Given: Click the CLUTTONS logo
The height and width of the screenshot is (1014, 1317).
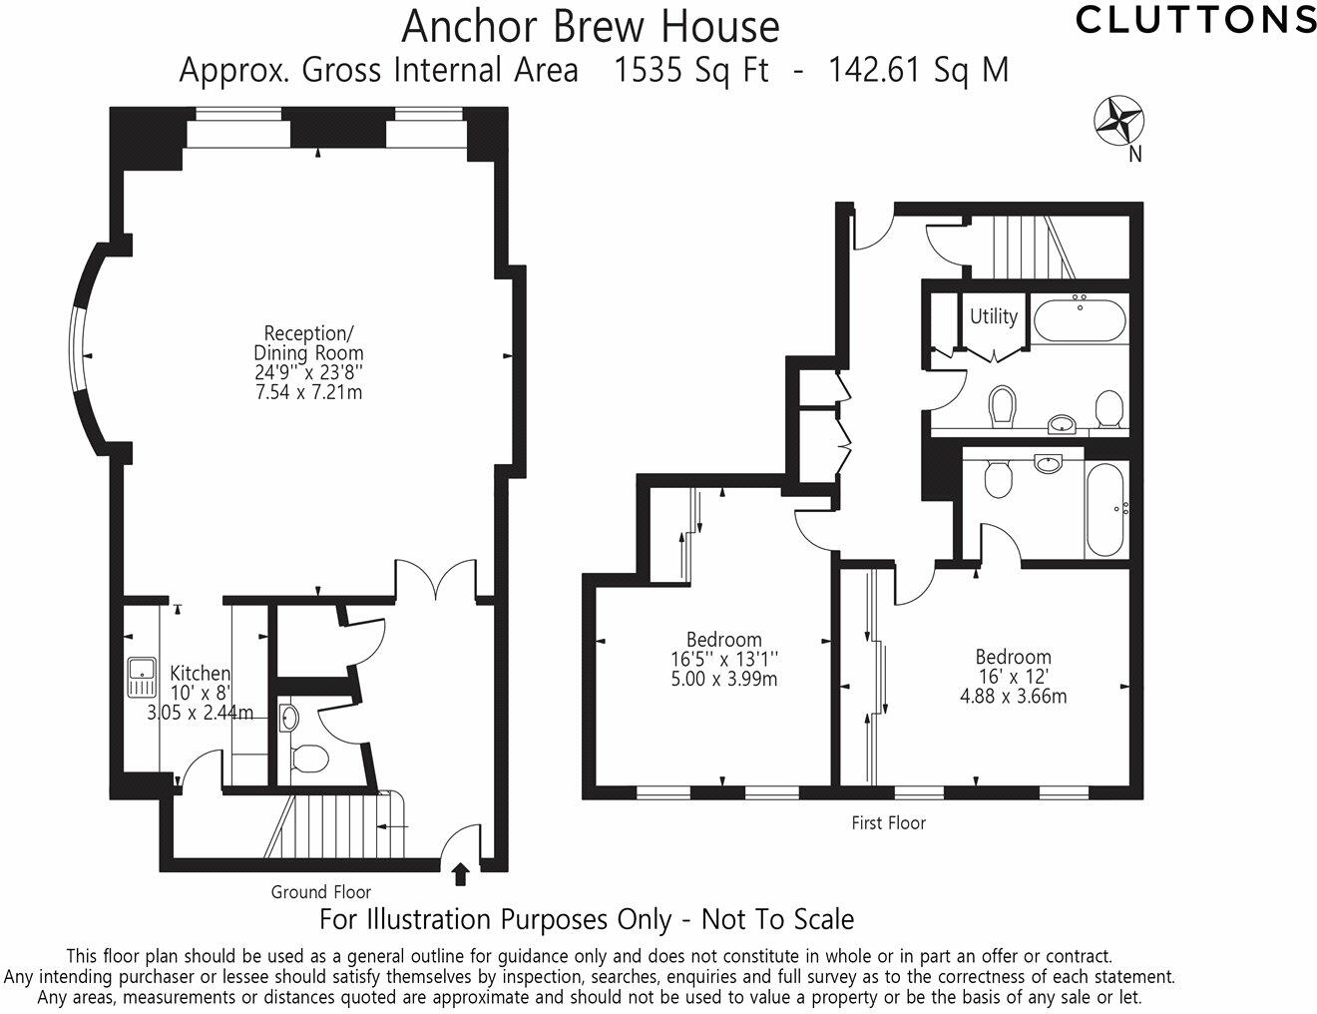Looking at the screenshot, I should (x=1195, y=19).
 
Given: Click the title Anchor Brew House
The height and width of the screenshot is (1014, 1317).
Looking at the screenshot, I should (x=590, y=27).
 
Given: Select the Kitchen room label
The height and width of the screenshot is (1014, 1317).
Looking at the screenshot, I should (x=200, y=674).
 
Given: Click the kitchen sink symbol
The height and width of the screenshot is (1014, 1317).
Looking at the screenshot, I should (x=141, y=679).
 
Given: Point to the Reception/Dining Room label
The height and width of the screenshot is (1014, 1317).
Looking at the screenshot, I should (x=308, y=342).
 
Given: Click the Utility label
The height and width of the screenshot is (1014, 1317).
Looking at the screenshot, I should (x=994, y=316).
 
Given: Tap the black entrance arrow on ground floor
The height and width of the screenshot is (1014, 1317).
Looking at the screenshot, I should (x=460, y=874).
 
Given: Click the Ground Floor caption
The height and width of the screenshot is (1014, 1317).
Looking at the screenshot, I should (x=321, y=892).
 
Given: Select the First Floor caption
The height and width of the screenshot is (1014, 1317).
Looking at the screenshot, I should (x=888, y=823).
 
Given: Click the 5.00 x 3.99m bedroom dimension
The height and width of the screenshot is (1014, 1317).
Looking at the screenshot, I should (x=724, y=680).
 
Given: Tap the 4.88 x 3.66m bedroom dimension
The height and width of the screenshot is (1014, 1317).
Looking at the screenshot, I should (x=1013, y=697).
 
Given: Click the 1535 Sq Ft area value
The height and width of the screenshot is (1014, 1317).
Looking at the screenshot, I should (x=692, y=70).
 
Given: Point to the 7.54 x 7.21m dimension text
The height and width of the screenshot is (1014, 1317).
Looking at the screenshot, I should (x=308, y=392).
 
